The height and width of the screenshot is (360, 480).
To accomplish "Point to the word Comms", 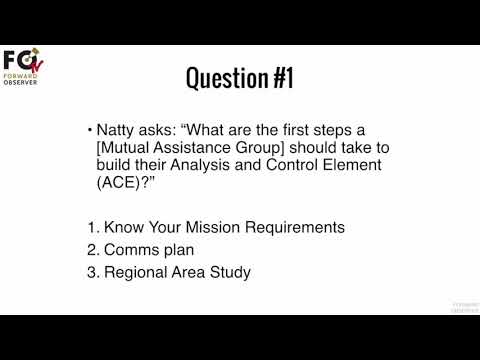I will pos(129,249).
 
